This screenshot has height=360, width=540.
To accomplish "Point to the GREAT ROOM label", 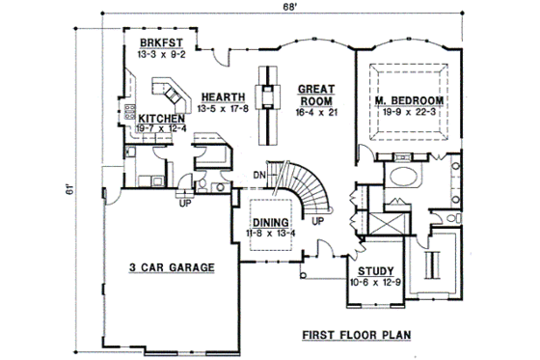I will click(315, 92).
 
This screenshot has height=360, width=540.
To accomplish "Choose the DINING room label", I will click(270, 221).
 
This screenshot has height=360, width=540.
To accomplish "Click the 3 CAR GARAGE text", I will click(171, 266).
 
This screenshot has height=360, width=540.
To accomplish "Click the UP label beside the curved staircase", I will click(317, 221).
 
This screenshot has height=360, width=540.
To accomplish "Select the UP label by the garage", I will click(179, 202).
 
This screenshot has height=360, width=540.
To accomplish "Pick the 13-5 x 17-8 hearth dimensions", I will click(221, 108).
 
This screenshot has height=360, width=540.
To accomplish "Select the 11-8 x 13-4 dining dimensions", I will click(270, 232).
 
